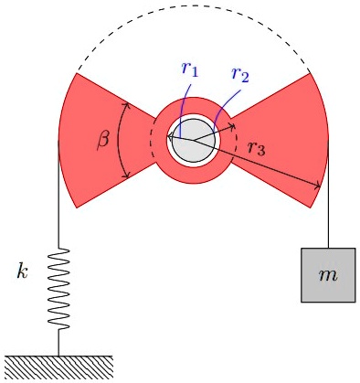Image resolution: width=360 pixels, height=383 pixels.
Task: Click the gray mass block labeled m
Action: point(328,274)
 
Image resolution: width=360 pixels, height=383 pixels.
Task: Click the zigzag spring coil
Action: point(59,288)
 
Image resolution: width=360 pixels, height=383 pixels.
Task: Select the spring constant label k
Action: point(24,271)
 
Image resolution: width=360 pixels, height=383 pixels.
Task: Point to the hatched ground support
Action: point(58,366)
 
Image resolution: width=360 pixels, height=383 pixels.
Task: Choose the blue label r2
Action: point(239,74)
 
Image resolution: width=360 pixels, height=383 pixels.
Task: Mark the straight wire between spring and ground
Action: point(59,343)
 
